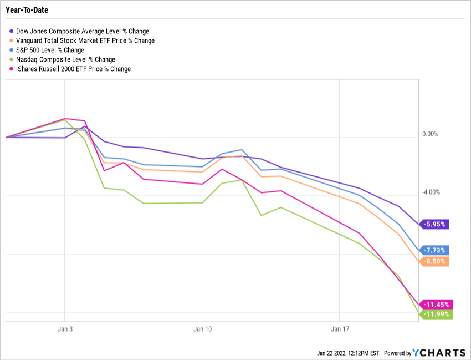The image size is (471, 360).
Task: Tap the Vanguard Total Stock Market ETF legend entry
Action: coord(85,40)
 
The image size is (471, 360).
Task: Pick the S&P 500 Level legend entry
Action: coord(50,50)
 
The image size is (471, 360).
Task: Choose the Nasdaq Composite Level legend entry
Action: coord(66,59)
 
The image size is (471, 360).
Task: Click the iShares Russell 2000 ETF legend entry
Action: coord(74,69)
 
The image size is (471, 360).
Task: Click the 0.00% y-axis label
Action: coord(430,134)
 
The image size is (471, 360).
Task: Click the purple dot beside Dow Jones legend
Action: coord(12,31)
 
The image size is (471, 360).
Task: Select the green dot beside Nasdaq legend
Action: coord(12,59)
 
